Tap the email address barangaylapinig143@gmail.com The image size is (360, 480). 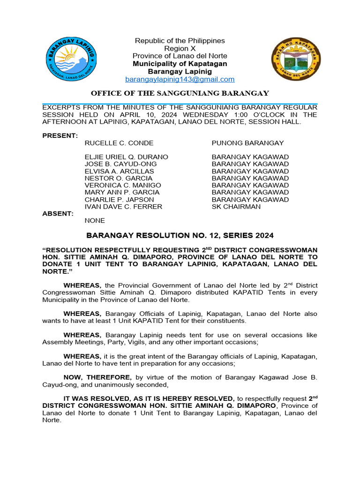click(x=180, y=80)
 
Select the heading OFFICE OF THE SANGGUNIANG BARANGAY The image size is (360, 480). click(x=180, y=93)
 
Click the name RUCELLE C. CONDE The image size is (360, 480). click(x=119, y=143)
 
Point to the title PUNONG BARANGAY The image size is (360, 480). click(x=247, y=143)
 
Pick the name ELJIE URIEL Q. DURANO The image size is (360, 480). click(x=126, y=157)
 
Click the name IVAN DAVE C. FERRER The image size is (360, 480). click(x=123, y=206)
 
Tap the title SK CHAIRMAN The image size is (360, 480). click(x=236, y=206)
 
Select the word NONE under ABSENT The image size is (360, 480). click(x=95, y=220)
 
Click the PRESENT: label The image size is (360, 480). click(x=60, y=136)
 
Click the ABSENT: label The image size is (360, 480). click(x=58, y=213)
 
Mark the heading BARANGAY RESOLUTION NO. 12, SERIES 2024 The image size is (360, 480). click(x=180, y=235)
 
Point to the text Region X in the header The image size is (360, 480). click(x=180, y=48)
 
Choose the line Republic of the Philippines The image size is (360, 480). click(x=180, y=41)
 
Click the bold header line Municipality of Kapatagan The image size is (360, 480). click(x=180, y=64)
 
